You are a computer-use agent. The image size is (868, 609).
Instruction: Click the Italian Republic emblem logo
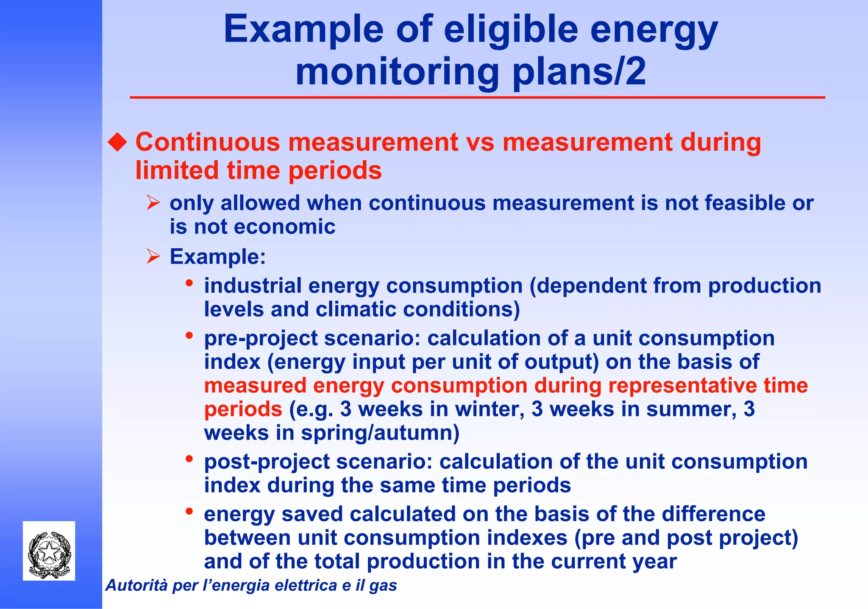49,551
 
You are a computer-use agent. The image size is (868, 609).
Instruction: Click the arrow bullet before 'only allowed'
153,203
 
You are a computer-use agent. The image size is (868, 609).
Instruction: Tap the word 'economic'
284,227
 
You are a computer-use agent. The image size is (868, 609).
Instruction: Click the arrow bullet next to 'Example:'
153,256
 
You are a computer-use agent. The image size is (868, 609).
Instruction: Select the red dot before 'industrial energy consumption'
189,283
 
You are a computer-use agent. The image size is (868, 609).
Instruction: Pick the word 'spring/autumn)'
380,433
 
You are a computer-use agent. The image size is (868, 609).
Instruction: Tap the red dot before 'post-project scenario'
189,459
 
